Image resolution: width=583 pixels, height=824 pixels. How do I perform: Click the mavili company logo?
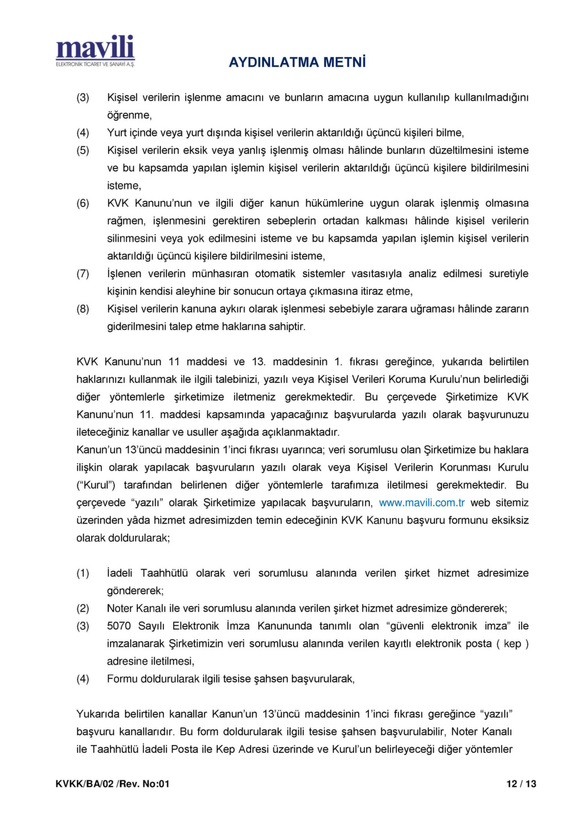pos(95,48)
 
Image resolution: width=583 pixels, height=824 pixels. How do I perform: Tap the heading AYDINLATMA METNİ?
pos(297,62)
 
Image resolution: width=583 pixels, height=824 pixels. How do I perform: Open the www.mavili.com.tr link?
pos(421,502)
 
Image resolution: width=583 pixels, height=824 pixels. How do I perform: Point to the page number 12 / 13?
pos(521,784)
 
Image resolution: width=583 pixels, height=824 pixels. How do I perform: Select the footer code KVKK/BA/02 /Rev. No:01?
pos(113,784)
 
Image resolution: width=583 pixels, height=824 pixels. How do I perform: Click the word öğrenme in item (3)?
pos(129,115)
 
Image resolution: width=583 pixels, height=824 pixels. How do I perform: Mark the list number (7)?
pos(83,274)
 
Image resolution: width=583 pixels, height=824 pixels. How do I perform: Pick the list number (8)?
pos(83,309)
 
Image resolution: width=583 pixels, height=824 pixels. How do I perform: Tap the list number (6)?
pos(83,203)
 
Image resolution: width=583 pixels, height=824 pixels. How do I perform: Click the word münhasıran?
pos(220,274)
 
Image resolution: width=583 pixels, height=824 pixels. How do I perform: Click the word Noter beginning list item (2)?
pos(120,608)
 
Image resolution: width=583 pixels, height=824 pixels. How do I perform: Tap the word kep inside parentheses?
pos(512,644)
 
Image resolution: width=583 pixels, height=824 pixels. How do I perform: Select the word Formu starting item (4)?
pos(122,679)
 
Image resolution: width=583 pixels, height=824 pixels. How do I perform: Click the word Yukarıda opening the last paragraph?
pos(97,714)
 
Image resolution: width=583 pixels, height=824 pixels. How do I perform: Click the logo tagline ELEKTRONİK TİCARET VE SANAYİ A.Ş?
pos(95,64)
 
